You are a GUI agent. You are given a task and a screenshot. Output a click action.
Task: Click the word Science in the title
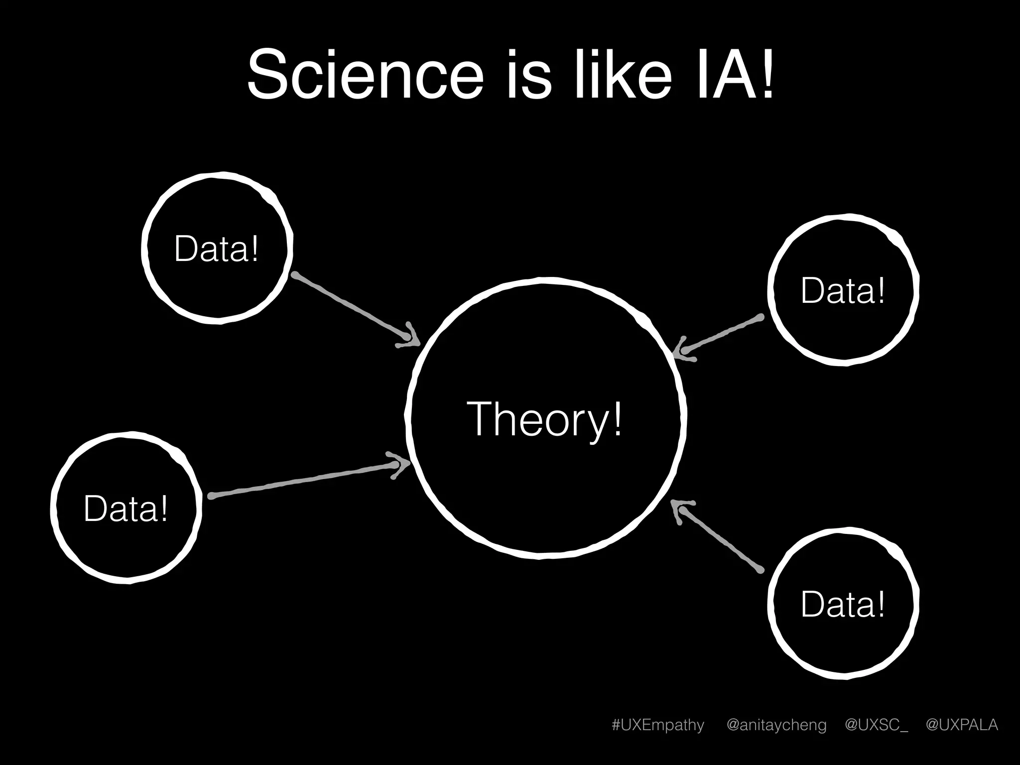pos(365,75)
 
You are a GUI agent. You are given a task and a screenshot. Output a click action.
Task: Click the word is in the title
pos(529,75)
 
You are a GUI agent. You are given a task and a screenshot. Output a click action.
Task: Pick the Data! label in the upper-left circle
pos(217,249)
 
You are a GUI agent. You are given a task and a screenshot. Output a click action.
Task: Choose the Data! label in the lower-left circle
pos(126,509)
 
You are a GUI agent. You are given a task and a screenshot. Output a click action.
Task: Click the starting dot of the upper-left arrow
pos(295,275)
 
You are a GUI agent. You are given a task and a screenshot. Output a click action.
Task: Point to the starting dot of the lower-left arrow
pos(211,496)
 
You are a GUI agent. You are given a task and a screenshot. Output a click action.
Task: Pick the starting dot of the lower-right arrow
pos(761,570)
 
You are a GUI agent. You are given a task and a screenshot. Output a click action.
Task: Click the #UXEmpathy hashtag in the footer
pos(658,725)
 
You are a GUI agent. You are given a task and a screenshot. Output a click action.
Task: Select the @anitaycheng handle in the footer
pos(776,725)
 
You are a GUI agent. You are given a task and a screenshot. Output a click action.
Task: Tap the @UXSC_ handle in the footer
pos(876,725)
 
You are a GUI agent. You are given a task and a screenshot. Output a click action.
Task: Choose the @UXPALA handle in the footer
pos(962,725)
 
